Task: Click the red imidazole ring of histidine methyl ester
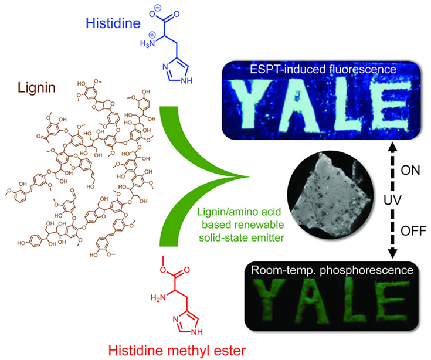(x=187, y=320)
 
